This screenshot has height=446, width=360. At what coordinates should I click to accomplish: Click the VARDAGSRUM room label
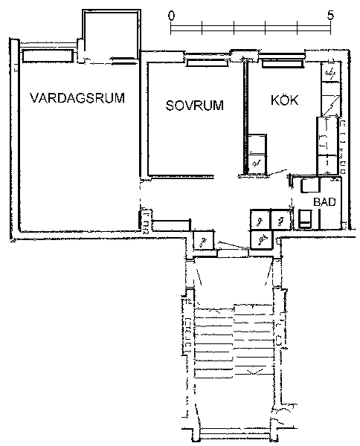pyautogui.click(x=77, y=97)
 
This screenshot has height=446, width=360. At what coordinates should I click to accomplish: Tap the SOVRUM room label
pyautogui.click(x=195, y=106)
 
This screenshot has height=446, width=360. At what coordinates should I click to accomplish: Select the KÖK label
pyautogui.click(x=285, y=100)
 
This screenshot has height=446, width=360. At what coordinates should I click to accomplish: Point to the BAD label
pyautogui.click(x=324, y=201)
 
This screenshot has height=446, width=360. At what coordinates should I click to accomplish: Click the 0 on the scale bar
pyautogui.click(x=171, y=16)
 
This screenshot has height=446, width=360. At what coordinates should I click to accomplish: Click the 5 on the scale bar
pyautogui.click(x=330, y=15)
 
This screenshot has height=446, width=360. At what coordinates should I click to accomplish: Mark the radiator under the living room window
pyautogui.click(x=48, y=56)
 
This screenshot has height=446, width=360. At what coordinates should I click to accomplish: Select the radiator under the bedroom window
pyautogui.click(x=208, y=63)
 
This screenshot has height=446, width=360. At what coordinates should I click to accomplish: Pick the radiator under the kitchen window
pyautogui.click(x=283, y=63)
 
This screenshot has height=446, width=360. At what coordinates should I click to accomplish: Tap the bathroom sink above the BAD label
pyautogui.click(x=310, y=185)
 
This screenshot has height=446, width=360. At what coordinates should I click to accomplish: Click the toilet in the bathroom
pyautogui.click(x=305, y=219)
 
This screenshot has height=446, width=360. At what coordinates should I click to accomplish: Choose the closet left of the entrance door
pyautogui.click(x=204, y=240)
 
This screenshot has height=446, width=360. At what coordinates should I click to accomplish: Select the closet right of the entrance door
pyautogui.click(x=262, y=239)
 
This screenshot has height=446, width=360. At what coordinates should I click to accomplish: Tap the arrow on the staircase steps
pyautogui.click(x=254, y=371)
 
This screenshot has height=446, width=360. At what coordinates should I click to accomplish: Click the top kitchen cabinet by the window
pyautogui.click(x=331, y=72)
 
